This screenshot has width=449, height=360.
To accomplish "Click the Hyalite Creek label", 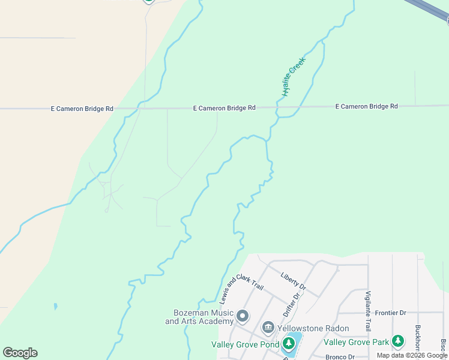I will [x=294, y=76].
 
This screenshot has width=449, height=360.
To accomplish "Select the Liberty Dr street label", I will [x=293, y=281].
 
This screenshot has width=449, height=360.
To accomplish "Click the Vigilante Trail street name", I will [x=367, y=311].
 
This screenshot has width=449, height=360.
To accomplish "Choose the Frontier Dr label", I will [x=390, y=313].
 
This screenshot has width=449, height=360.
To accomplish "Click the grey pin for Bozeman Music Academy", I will [x=243, y=316].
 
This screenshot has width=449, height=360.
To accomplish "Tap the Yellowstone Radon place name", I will [x=313, y=328].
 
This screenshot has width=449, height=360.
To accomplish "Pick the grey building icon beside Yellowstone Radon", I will [x=268, y=328].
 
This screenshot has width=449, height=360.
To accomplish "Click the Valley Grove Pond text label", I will [x=245, y=344].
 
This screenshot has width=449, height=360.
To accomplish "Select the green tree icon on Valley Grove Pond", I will [x=289, y=344].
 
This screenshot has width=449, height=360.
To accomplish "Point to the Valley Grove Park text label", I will [x=357, y=342].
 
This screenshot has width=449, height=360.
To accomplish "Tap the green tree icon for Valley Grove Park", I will [x=398, y=341].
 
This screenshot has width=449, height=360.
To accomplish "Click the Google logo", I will [x=20, y=353].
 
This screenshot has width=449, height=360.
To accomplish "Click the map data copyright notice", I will [x=412, y=355].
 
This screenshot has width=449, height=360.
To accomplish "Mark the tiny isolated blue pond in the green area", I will [x=55, y=307].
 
